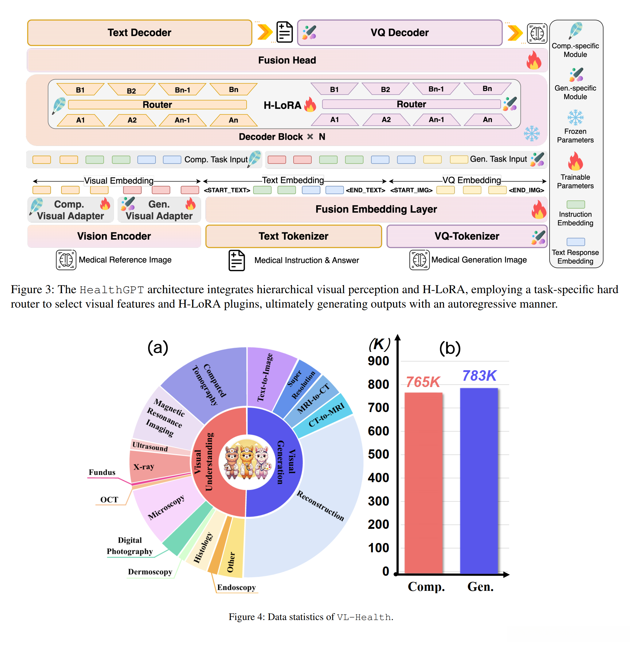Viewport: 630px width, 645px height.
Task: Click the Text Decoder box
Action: point(139,33)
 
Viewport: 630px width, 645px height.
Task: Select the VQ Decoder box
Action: point(399,33)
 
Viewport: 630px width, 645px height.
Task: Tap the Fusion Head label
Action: point(287,60)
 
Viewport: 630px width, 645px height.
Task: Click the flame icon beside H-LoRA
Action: point(310,105)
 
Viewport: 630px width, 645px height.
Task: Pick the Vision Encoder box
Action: point(114,236)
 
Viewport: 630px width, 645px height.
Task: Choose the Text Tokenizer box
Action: point(294,236)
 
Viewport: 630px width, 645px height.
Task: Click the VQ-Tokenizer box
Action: point(467,236)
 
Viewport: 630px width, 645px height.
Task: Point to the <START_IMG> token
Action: point(411,190)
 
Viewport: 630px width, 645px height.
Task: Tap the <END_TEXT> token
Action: point(365,190)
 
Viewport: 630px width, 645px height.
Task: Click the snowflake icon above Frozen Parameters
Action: point(575,117)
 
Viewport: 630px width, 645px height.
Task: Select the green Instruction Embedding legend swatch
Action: point(575,204)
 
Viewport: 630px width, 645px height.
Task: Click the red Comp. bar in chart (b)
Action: point(423,482)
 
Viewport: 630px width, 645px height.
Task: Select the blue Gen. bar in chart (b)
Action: point(479,481)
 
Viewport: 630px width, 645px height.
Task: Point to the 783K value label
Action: point(479,376)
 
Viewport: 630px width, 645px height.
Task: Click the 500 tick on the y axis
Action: point(379,454)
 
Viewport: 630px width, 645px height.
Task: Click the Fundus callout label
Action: point(102,472)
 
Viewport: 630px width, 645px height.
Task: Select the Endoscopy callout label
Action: point(236,587)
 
